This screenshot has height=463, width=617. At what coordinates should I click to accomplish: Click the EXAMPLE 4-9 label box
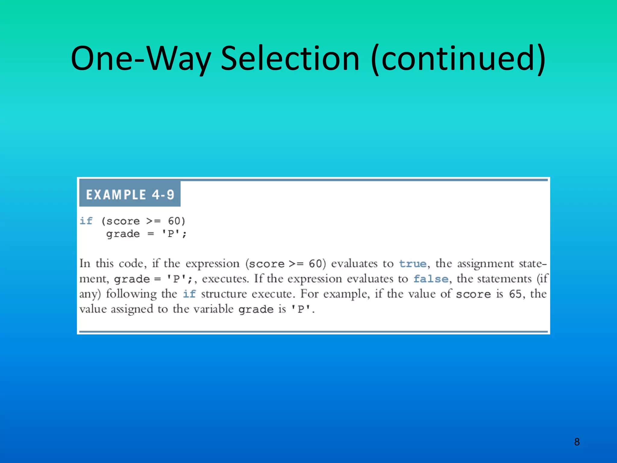(130, 194)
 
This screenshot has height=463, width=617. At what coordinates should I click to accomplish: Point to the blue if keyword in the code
(86, 221)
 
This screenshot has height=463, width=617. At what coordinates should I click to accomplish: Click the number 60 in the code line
(174, 221)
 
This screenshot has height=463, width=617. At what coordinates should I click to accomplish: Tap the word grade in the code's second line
(123, 234)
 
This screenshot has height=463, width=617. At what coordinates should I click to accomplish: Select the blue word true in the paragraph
(413, 264)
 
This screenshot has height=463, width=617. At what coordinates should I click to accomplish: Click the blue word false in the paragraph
(431, 279)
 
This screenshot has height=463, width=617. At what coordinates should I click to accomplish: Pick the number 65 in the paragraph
(515, 294)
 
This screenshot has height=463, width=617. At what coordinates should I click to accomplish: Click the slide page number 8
(577, 442)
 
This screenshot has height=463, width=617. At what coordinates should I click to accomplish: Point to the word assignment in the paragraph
(485, 264)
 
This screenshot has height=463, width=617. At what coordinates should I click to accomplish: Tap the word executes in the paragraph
(225, 279)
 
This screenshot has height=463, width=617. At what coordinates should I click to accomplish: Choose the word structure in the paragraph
(224, 294)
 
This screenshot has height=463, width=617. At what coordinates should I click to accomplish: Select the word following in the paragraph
(131, 294)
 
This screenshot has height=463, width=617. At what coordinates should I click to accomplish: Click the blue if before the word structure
(189, 294)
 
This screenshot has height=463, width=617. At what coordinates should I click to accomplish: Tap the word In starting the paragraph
(85, 264)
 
